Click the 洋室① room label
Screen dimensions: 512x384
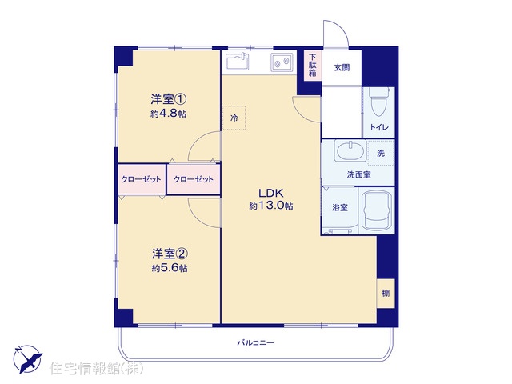click(x=169, y=99)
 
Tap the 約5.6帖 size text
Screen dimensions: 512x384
click(x=170, y=269)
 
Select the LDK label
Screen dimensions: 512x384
click(x=270, y=193)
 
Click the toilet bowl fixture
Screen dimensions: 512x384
click(x=378, y=102)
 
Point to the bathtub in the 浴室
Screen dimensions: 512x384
click(x=376, y=210)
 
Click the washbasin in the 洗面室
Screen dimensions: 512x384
click(x=351, y=150)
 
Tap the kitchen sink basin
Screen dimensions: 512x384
click(x=236, y=62)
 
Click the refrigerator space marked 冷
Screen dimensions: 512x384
click(x=234, y=118)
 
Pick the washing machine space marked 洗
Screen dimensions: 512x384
click(x=381, y=153)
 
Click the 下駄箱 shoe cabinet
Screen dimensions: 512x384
click(x=313, y=65)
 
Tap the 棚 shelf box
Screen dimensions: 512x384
click(x=386, y=294)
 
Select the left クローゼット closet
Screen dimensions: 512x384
click(x=142, y=179)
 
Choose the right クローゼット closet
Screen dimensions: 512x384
click(x=194, y=179)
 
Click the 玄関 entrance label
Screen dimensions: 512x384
click(x=342, y=67)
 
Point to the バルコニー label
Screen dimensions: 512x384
click(x=256, y=343)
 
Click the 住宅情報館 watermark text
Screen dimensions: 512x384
click(x=97, y=369)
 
